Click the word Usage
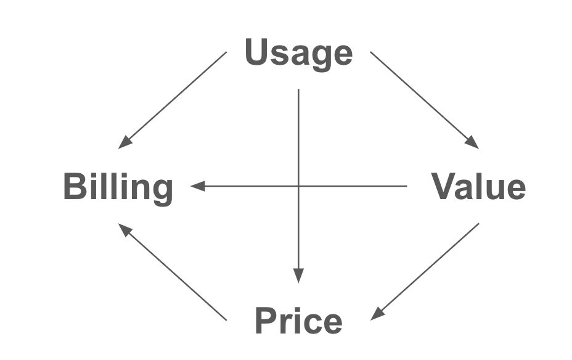pyautogui.click(x=298, y=54)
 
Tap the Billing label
pyautogui.click(x=118, y=187)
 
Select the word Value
pyautogui.click(x=478, y=187)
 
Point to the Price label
pyautogui.click(x=298, y=321)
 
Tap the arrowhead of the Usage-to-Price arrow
pyautogui.click(x=298, y=277)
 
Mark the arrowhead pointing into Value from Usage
pyautogui.click(x=473, y=143)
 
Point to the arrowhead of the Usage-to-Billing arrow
pyautogui.click(x=125, y=143)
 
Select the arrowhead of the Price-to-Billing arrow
pyautogui.click(x=124, y=229)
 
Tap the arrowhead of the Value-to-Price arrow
pyautogui.click(x=377, y=314)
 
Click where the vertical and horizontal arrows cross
pyautogui.click(x=298, y=186)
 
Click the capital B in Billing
pyautogui.click(x=75, y=186)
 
